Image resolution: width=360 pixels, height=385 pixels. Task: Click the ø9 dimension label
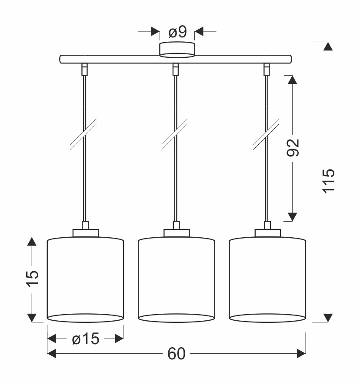[x=178, y=32]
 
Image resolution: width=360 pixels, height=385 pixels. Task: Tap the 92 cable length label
[x=293, y=148]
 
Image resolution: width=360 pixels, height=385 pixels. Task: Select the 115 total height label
[x=329, y=181]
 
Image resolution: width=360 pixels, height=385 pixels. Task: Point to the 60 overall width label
[x=177, y=354]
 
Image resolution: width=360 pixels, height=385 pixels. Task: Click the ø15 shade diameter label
[x=86, y=339]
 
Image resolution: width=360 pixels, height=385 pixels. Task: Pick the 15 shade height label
[x=32, y=279]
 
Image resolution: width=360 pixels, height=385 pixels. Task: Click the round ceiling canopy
[x=177, y=50]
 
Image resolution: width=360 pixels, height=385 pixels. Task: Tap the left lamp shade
[x=85, y=279]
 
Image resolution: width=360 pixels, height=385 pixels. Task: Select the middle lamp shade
[x=177, y=279]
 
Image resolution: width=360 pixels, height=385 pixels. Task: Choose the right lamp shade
[x=267, y=279]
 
